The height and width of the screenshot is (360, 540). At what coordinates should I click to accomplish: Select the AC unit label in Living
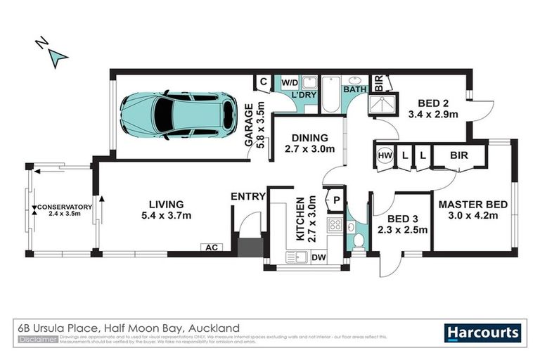210,247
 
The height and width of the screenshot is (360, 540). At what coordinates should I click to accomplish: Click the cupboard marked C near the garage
263,82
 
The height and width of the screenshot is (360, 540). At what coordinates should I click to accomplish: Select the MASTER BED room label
472,205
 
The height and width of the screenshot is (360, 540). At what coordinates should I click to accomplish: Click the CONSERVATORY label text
65,207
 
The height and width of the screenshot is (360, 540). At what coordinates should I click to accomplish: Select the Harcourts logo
483,333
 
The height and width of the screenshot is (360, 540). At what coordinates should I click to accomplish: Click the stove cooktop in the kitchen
335,226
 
